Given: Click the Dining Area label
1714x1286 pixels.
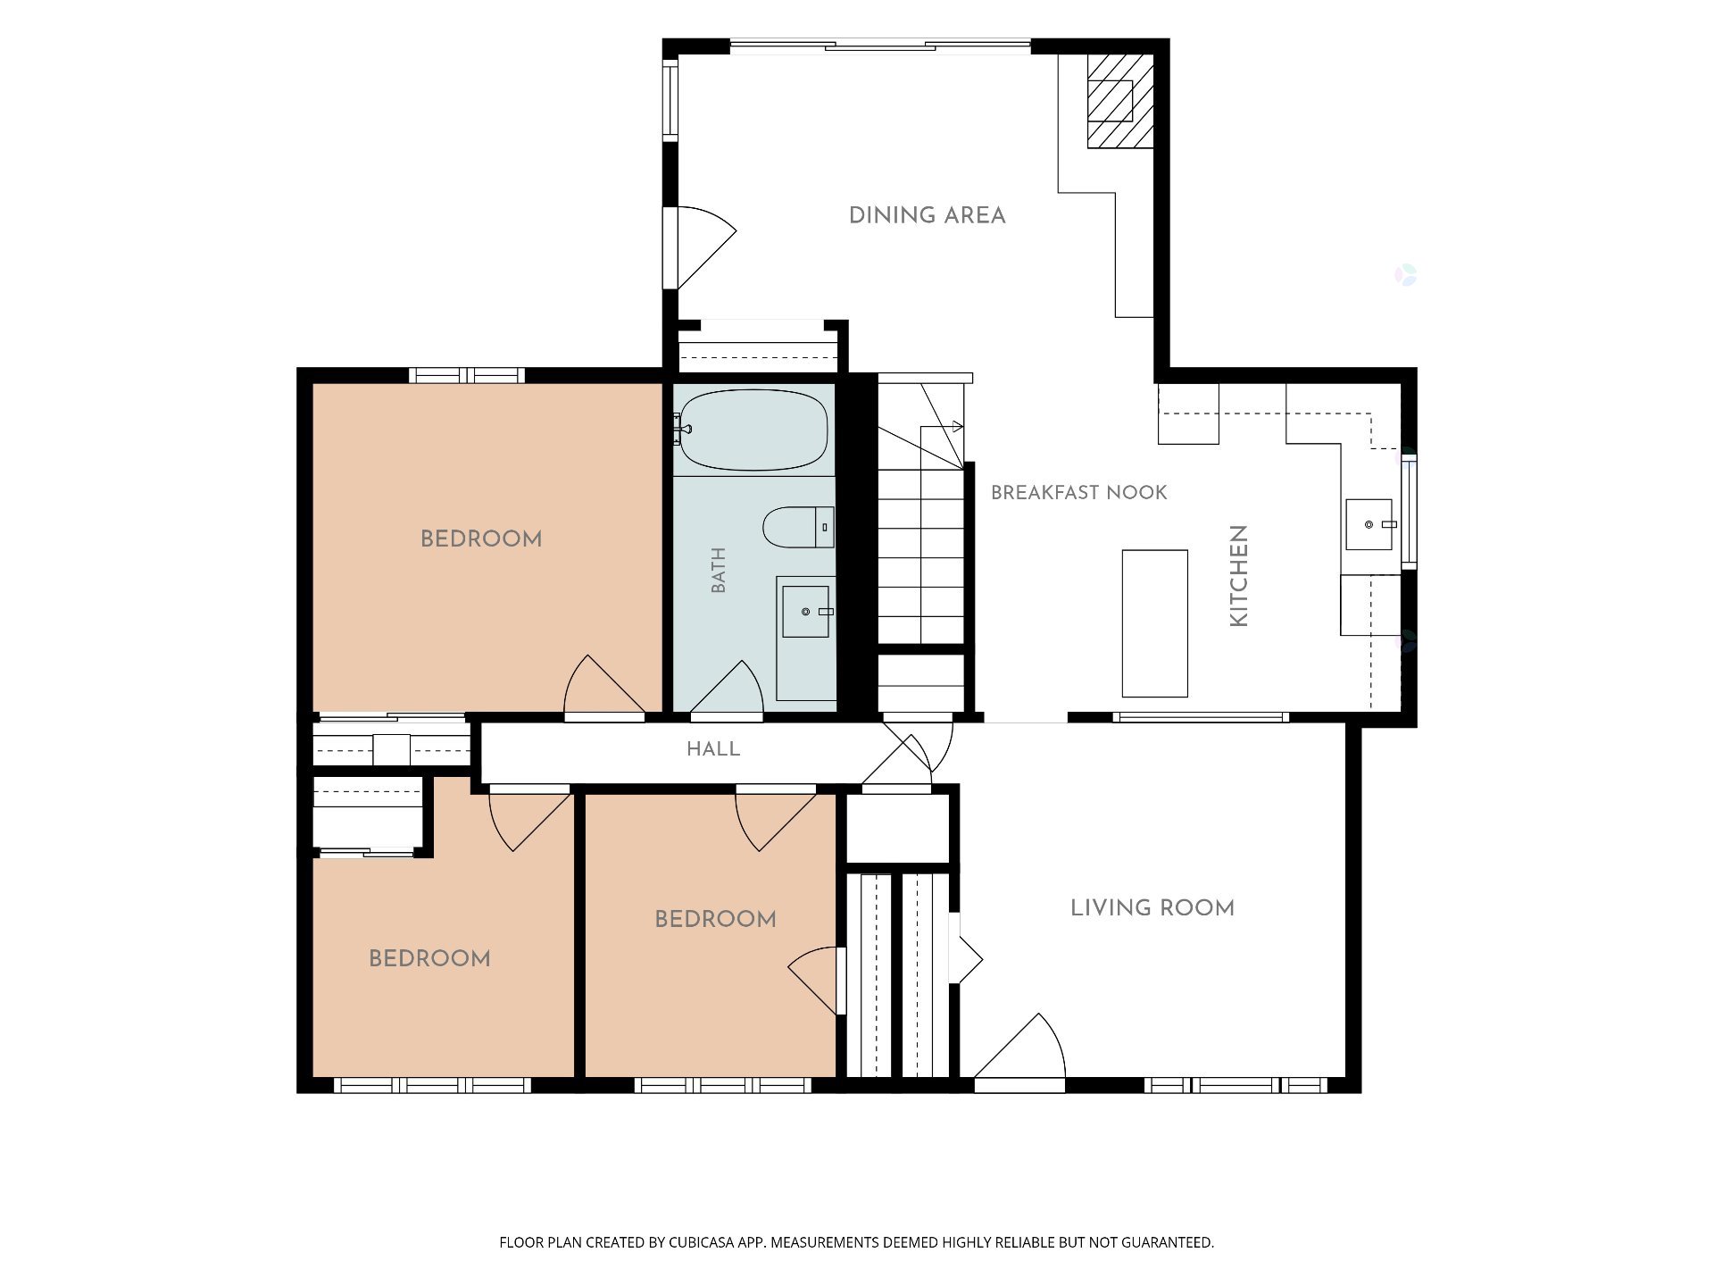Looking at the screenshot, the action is pos(927,215).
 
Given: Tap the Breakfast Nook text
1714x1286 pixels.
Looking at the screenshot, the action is pos(1079,492).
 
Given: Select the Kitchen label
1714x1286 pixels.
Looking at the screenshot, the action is pos(1238,576).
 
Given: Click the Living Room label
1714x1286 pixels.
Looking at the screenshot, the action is pos(1152,908).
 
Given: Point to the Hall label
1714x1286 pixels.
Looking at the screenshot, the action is pos(713,749).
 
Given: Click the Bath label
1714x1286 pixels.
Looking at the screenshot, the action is pos(719,571).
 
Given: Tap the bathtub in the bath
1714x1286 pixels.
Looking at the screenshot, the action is pos(753,430).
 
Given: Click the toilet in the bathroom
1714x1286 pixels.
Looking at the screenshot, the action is pos(799,527).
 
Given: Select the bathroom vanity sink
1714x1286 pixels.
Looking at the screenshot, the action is pos(805,612).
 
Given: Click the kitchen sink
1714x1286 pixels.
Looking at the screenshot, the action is pos(1369,524).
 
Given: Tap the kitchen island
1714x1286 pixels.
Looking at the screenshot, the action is pos(1154,623).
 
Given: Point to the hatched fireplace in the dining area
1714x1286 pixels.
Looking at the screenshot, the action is pos(1120,101).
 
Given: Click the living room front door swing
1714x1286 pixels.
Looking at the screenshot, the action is pos(1019,1047).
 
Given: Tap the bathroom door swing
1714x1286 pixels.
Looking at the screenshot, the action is pos(727,688).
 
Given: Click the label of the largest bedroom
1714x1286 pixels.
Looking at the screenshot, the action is pos(481,539).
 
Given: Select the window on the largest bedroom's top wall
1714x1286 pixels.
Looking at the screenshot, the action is pos(467,375).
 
